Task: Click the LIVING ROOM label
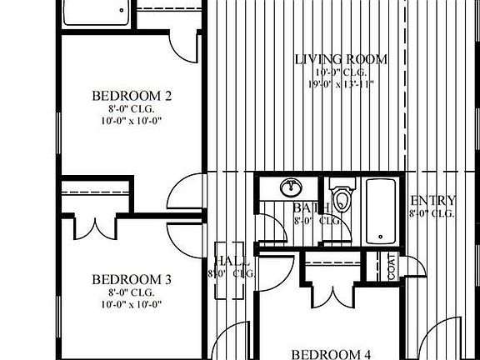[342, 59]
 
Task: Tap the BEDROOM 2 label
[132, 97]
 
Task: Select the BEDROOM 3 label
[132, 279]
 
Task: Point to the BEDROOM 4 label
[331, 353]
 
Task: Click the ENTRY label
[433, 201]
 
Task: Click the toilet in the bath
[342, 193]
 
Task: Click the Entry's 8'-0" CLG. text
[432, 213]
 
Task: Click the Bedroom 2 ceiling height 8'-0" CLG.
[132, 109]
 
